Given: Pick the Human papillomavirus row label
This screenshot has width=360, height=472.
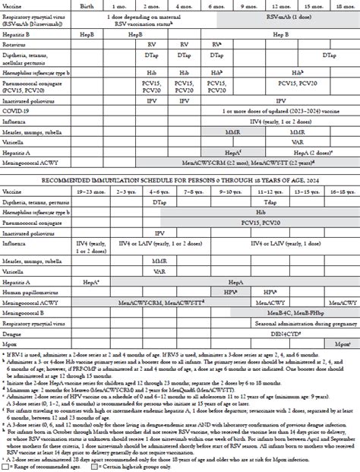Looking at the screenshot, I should [30, 290].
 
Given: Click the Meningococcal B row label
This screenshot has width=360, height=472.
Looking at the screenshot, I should [26, 312].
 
